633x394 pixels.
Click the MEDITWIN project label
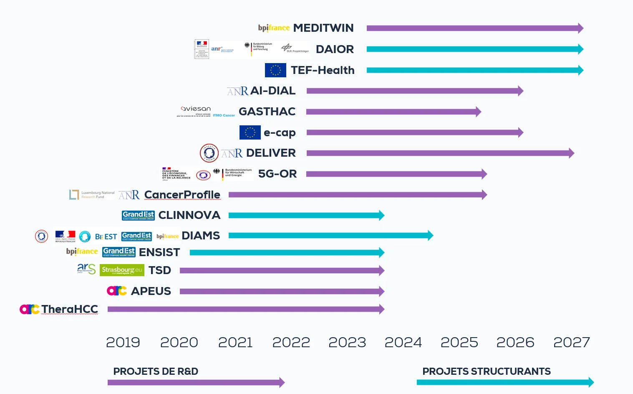[x=323, y=28]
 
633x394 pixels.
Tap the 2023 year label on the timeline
[x=347, y=343]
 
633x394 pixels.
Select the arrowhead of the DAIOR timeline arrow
[x=580, y=49]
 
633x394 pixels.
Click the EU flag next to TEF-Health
[x=275, y=70]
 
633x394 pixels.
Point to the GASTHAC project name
[x=267, y=112]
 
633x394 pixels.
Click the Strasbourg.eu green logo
[x=122, y=270]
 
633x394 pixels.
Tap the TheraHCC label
[x=70, y=309]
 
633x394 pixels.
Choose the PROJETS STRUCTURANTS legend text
[x=487, y=371]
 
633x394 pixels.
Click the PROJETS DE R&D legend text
[x=156, y=371]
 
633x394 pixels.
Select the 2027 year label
[x=572, y=343]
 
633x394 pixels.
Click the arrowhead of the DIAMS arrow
[x=431, y=236]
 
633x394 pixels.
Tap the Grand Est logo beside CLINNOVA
[x=138, y=215]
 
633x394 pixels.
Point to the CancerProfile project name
[x=182, y=195]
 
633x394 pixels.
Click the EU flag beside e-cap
[x=250, y=132]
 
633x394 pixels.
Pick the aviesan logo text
[x=196, y=109]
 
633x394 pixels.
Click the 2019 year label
[x=123, y=343]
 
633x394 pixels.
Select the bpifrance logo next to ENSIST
[x=82, y=252]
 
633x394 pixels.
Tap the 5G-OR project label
[x=277, y=174]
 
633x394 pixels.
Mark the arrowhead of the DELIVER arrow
[x=571, y=153]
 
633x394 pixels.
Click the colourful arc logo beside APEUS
[x=117, y=291]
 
